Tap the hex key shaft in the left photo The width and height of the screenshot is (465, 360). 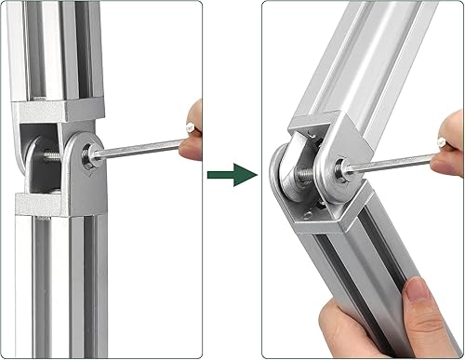point(139,148)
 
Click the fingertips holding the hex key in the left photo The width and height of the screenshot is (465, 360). point(191,140)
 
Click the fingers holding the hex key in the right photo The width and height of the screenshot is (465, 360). point(448,153)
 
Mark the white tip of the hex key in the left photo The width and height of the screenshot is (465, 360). point(190,127)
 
